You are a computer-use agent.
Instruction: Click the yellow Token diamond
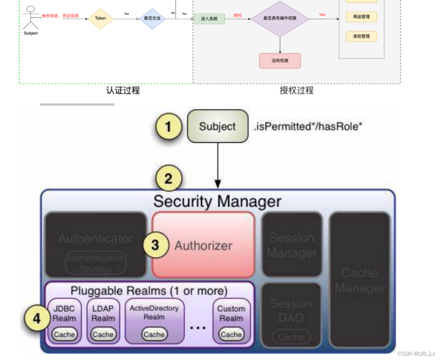point(100,18)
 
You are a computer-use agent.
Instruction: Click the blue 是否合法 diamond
point(152,19)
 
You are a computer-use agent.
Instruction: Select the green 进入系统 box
point(209,19)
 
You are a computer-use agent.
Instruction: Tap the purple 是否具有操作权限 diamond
point(280,19)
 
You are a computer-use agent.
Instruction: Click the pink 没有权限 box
point(280,61)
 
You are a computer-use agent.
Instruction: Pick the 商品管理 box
point(361,17)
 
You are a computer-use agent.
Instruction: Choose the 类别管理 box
point(361,36)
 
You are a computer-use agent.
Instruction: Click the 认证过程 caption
point(123,90)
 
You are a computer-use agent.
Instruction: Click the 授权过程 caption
point(296,90)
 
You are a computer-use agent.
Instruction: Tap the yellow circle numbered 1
point(168,127)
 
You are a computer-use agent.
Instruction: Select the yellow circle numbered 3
point(155,245)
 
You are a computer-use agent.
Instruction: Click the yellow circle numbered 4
point(37,319)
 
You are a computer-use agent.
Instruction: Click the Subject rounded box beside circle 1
point(217,126)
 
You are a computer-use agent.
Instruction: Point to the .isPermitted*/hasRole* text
point(308,126)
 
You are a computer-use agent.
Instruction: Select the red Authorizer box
point(203,245)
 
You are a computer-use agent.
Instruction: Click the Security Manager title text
point(217,202)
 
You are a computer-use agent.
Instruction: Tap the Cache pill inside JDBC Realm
point(64,334)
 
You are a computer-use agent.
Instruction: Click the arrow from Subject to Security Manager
point(218,165)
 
